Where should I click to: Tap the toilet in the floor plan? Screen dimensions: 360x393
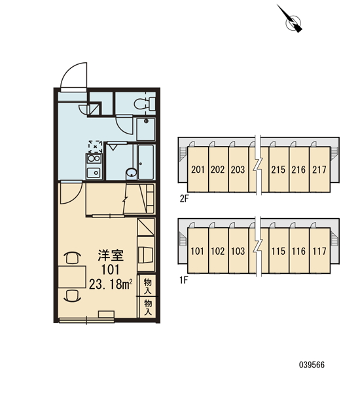tap(145, 103)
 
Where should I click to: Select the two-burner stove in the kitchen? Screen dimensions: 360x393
tap(94, 159)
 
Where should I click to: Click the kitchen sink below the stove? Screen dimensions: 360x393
tap(94, 173)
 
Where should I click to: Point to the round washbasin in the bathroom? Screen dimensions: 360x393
tap(132, 173)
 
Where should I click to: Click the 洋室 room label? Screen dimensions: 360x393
tap(111, 255)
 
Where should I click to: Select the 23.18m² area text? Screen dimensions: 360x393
tap(111, 284)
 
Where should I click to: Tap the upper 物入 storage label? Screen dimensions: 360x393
tap(148, 286)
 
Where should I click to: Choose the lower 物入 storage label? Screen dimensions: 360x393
tap(148, 307)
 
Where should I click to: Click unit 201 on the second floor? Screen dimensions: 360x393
tap(198, 170)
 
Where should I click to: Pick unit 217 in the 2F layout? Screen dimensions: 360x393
tap(319, 170)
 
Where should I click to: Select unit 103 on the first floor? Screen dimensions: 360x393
tap(238, 251)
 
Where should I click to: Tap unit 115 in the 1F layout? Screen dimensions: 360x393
tap(278, 251)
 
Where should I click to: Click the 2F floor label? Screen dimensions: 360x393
tap(184, 198)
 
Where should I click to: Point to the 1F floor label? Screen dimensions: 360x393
tap(184, 280)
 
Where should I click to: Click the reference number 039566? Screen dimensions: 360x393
tap(312, 365)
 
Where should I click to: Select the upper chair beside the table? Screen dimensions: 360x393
tap(73, 257)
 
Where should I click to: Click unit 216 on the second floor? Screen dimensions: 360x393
tap(298, 170)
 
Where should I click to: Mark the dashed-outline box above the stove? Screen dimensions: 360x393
tap(95, 147)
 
